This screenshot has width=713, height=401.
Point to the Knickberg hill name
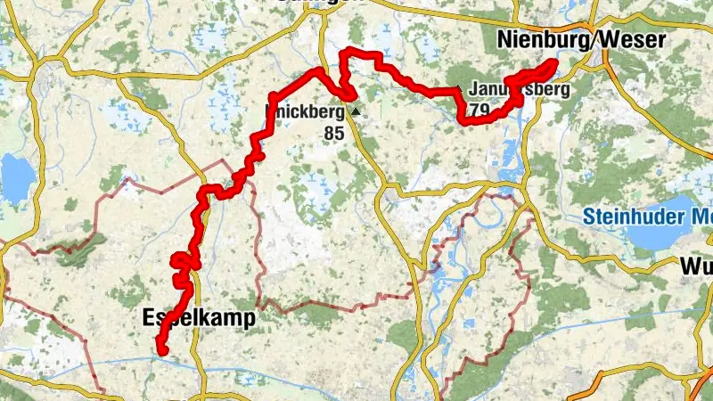304,113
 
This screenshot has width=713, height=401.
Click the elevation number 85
334,134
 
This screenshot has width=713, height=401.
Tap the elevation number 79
479,110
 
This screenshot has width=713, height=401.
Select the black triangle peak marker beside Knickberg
356,112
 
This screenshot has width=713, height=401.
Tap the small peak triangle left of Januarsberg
459,88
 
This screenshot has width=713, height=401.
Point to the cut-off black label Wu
695,266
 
